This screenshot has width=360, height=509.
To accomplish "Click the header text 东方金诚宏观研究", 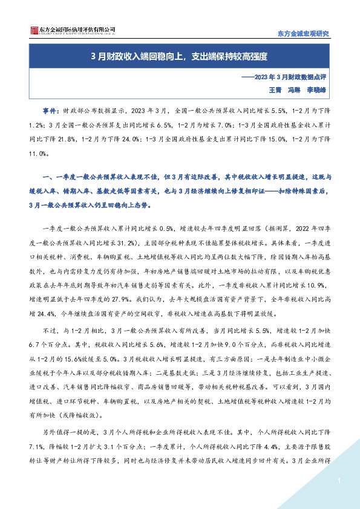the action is [x=303, y=34].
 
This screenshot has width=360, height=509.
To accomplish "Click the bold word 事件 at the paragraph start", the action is [x=50, y=111].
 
